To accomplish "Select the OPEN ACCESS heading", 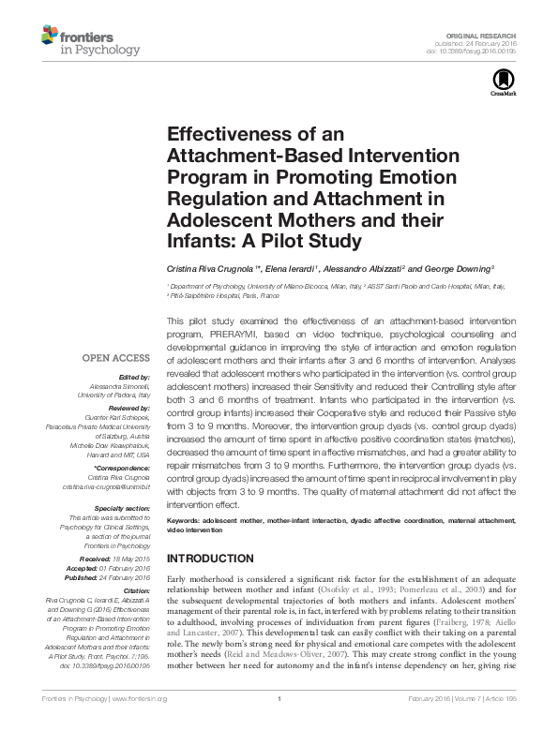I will pos(115,357).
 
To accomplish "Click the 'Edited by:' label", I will pos(132,377).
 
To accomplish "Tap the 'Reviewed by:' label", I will pos(128,410).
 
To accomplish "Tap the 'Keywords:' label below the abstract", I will pos(186,519).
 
